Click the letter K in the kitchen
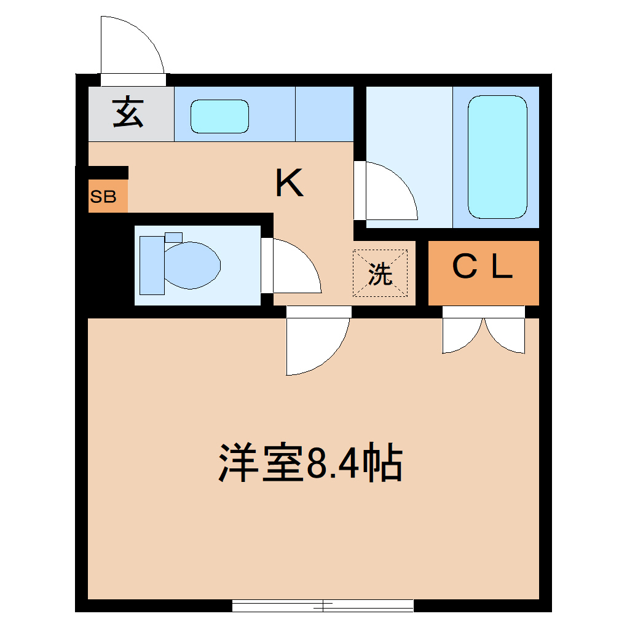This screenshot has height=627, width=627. click(x=289, y=183)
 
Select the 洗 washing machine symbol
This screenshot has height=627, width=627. click(x=380, y=274)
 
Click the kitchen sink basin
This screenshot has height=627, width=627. click(x=219, y=116)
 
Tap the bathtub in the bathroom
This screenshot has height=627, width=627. click(x=497, y=157)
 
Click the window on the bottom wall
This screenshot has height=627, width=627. click(x=323, y=605)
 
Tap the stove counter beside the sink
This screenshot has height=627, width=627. click(x=325, y=114)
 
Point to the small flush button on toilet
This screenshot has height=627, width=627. click(x=174, y=237)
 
